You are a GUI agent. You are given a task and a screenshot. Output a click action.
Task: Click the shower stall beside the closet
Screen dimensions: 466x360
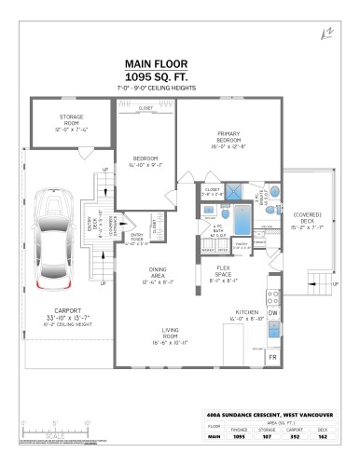242,195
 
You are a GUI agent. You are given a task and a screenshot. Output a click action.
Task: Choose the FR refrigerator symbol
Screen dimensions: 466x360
273,357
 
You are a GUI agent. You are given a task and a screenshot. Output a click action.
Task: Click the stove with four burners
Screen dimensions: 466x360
273,298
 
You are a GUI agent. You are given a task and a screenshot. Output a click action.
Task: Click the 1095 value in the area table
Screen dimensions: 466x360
238,434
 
